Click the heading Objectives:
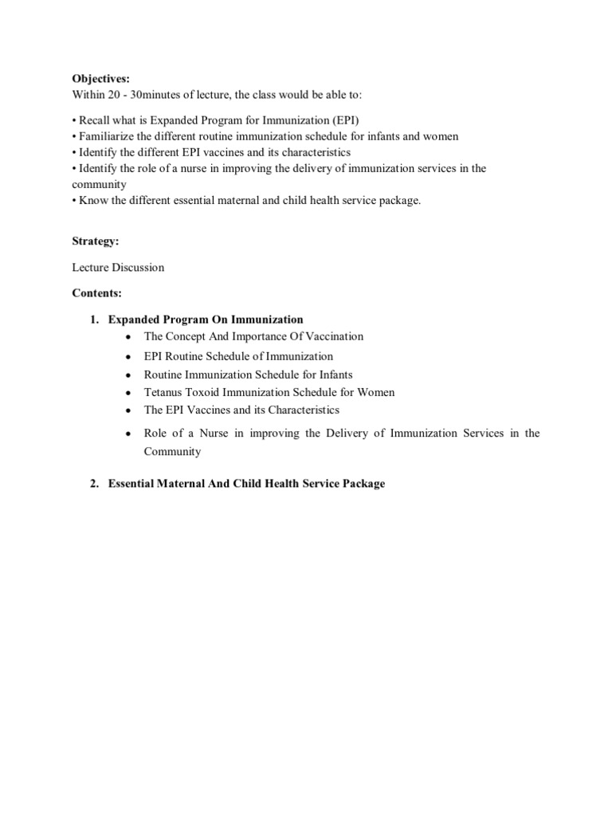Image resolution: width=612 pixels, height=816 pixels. [x=100, y=79]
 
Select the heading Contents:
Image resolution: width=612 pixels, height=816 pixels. [x=96, y=293]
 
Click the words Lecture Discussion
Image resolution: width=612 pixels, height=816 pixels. [x=118, y=267]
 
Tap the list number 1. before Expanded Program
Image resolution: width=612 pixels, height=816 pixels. [x=94, y=320]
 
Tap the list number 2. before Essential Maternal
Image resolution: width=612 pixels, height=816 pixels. [x=94, y=484]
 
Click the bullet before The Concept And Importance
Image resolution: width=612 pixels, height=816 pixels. [x=128, y=337]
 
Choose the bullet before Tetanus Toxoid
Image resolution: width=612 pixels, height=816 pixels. [x=128, y=393]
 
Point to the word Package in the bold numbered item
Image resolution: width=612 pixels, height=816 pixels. [x=363, y=484]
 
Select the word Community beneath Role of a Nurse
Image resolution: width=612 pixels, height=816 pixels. [x=172, y=451]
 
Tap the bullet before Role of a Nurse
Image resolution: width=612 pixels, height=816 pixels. [x=128, y=434]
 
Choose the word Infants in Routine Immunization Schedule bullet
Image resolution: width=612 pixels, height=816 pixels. [x=333, y=374]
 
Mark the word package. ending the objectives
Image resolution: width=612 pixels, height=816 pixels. [x=401, y=200]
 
